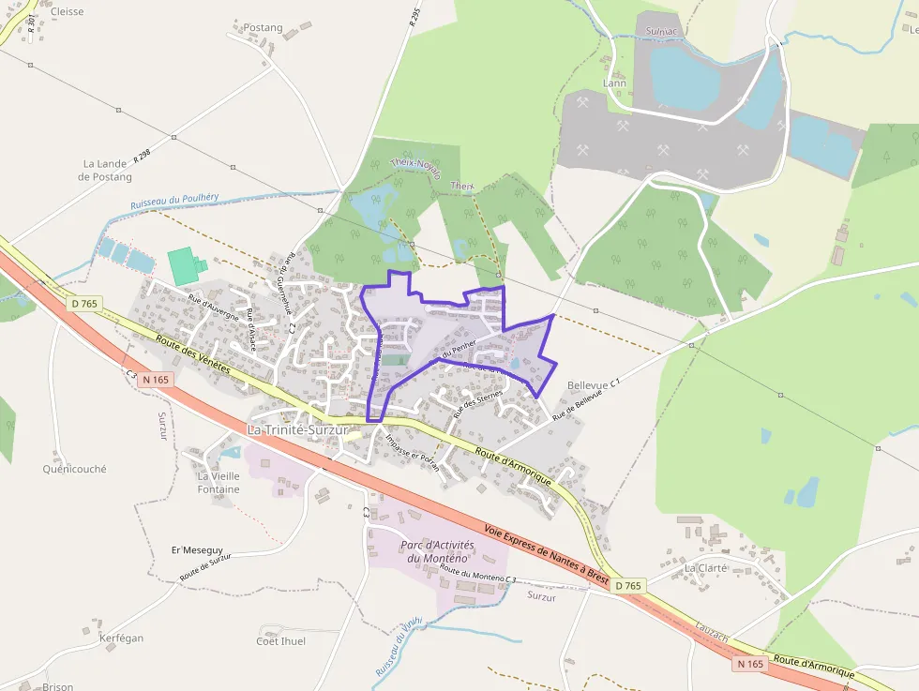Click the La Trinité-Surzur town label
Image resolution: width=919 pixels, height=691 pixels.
[x=296, y=430]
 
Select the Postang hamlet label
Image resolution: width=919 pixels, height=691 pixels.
[x=263, y=28]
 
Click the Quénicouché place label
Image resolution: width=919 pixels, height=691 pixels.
[x=75, y=469]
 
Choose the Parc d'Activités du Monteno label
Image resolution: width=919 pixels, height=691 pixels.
[x=438, y=550]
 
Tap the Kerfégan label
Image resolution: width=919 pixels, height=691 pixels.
[x=122, y=638]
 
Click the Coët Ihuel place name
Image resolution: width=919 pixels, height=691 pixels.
[x=281, y=641]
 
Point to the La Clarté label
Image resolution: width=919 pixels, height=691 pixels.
[x=706, y=568]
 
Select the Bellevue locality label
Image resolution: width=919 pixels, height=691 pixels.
[x=588, y=385]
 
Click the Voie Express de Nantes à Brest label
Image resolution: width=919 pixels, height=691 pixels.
[x=547, y=554]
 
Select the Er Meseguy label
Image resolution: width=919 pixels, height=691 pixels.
[x=197, y=549]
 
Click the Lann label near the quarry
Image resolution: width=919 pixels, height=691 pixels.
[x=614, y=83]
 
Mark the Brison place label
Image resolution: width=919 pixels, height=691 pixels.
[x=57, y=686]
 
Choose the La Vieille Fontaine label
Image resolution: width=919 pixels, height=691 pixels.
[x=218, y=482]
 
